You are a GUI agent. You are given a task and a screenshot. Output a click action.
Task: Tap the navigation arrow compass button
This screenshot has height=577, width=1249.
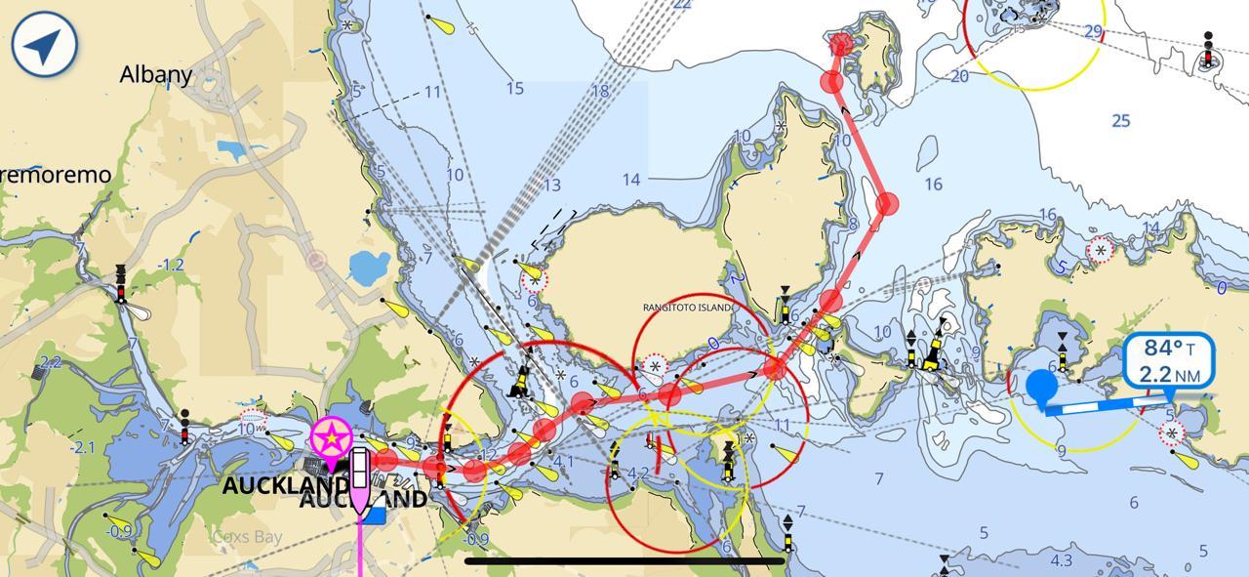45,44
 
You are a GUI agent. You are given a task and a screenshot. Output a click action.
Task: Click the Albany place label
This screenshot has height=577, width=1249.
156,74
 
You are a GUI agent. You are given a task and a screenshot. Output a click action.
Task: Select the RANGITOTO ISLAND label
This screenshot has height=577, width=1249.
689,308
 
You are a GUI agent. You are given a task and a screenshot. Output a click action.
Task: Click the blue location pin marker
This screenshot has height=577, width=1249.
1042,387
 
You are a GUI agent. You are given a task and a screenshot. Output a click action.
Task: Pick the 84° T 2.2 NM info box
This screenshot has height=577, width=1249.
1169,361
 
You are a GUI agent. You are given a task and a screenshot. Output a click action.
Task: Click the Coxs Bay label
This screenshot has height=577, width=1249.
248,536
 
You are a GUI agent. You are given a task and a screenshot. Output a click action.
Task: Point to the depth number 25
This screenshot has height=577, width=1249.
1120,120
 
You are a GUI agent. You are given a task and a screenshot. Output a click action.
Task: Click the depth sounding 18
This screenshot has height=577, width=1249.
599,92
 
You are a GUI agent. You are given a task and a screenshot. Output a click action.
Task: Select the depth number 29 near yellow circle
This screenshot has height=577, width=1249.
1093,32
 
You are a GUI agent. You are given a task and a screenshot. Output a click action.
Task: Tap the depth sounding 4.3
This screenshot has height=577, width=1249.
1061,560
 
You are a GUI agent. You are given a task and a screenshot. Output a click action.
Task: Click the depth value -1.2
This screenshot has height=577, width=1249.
171,265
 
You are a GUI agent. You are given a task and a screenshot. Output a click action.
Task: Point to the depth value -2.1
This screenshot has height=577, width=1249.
82,447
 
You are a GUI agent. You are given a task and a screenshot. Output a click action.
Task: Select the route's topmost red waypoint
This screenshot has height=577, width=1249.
841,44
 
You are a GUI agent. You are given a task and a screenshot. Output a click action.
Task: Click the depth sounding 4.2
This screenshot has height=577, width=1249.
637,474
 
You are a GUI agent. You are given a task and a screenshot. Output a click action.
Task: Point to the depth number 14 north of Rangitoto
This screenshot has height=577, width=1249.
631,179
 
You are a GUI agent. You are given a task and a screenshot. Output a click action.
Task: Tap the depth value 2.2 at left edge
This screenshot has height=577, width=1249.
50,362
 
